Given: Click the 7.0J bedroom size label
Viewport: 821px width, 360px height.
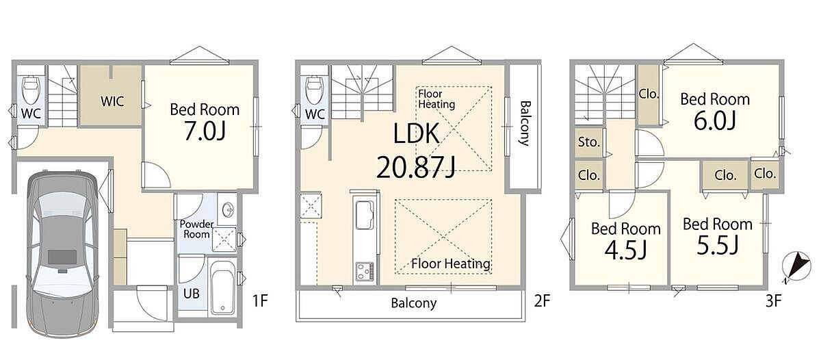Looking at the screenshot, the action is (x=205, y=131).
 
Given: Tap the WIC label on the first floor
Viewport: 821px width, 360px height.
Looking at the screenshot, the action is (x=112, y=101).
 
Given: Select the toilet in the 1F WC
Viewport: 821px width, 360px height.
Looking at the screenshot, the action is (x=31, y=90).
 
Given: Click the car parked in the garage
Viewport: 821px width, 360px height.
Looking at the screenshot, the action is (x=63, y=254).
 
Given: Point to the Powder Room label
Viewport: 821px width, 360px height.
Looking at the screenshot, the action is (x=196, y=229).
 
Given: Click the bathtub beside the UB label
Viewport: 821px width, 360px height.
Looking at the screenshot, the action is (x=223, y=287).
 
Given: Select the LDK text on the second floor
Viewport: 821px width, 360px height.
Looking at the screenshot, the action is (x=417, y=134).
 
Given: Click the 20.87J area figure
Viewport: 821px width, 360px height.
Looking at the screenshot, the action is (x=416, y=167).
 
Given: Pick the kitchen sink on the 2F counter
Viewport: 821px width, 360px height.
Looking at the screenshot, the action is (x=365, y=215).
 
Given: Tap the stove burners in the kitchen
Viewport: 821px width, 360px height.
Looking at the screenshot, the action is (x=365, y=271).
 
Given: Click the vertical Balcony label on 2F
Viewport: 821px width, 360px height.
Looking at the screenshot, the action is (x=525, y=124).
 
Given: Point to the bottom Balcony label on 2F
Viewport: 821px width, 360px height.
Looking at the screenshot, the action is (x=414, y=303).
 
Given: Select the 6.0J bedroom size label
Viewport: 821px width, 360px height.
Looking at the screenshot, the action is (x=714, y=121).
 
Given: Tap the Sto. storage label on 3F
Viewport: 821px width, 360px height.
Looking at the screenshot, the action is (x=588, y=142).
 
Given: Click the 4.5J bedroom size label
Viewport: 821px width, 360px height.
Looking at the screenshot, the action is (x=625, y=250).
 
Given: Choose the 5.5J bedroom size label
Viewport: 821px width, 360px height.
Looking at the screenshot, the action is (x=717, y=246).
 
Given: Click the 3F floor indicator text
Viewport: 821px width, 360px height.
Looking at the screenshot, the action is (x=774, y=301).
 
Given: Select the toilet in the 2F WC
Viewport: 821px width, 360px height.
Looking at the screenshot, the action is (x=315, y=90).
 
